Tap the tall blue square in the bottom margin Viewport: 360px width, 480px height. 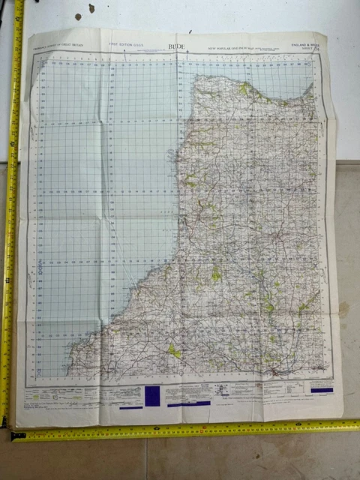152,395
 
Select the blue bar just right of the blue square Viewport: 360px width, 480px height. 188,403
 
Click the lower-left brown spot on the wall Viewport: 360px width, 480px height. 76,16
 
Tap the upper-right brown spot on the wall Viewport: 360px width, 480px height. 91,8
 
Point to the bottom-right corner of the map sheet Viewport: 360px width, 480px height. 343,416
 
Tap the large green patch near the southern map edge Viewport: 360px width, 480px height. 174,350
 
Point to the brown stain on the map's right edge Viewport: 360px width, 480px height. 343,307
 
